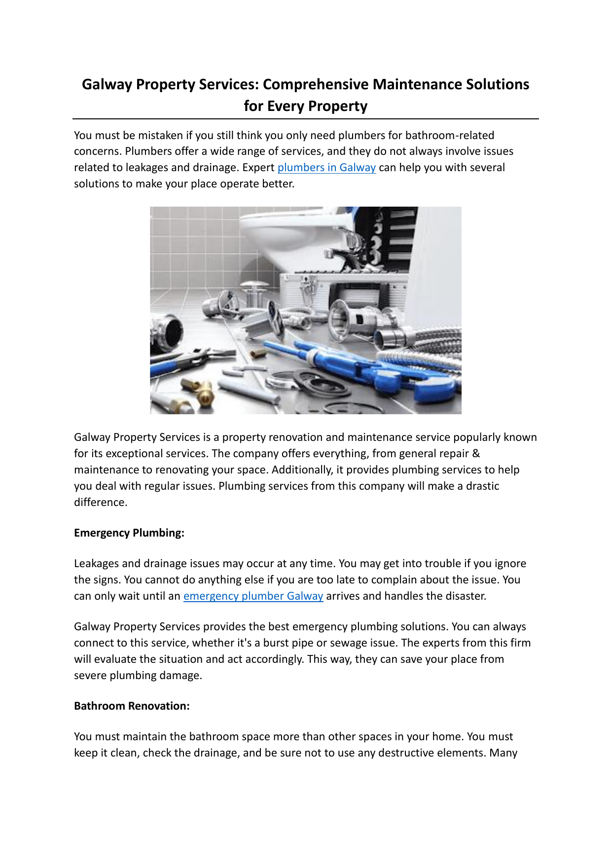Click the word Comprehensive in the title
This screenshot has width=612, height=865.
pyautogui.click(x=316, y=84)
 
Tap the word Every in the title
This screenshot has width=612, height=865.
pyautogui.click(x=286, y=106)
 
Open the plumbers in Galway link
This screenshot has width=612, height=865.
pyautogui.click(x=326, y=168)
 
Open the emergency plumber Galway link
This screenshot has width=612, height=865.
pyautogui.click(x=253, y=596)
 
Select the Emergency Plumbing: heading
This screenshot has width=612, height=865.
pyautogui.click(x=129, y=533)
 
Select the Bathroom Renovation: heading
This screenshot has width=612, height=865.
pyautogui.click(x=132, y=706)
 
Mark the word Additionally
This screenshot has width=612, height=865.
pyautogui.click(x=302, y=470)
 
